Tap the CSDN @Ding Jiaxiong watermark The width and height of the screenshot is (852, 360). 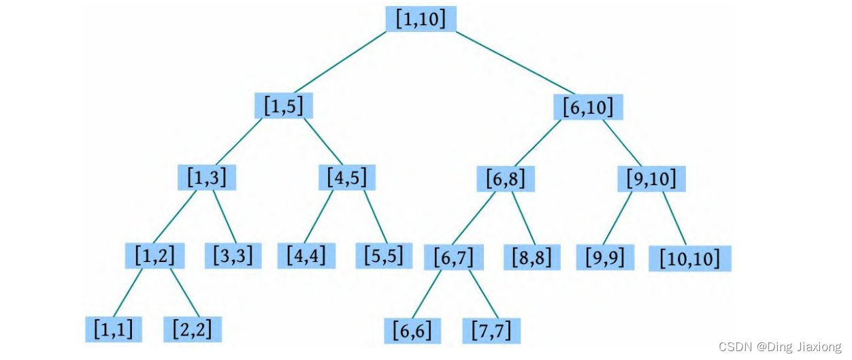(x=780, y=346)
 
